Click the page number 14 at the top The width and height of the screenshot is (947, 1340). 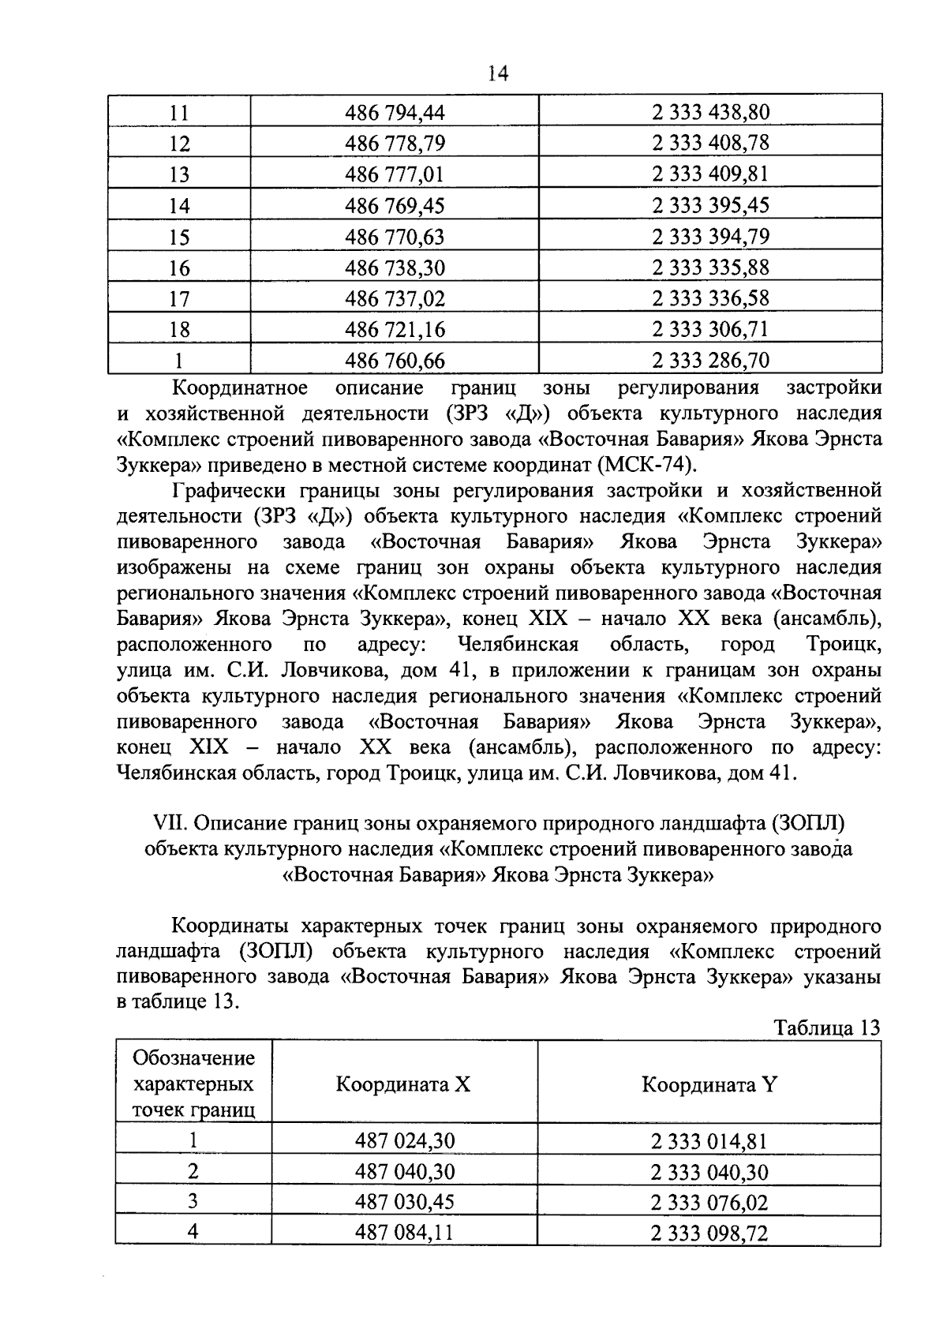[x=498, y=74]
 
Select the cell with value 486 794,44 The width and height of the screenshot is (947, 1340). [x=395, y=113]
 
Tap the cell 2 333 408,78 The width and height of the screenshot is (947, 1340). [x=709, y=143]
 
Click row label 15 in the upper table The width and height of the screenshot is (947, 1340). [x=179, y=237]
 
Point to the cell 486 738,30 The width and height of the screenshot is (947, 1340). [x=395, y=268]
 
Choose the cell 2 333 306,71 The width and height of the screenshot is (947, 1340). [x=709, y=329]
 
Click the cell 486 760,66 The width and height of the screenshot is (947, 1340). [x=395, y=361]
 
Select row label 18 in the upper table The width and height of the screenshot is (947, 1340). [x=179, y=329]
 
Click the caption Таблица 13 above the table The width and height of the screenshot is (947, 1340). [x=826, y=1027]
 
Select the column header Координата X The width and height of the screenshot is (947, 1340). [x=403, y=1084]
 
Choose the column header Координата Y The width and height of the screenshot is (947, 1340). [x=709, y=1084]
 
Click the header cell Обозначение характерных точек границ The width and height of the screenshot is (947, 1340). [x=193, y=1084]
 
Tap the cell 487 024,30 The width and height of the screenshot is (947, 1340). [x=404, y=1141]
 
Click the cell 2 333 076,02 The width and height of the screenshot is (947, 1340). [x=709, y=1203]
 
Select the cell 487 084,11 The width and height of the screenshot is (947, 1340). [x=404, y=1233]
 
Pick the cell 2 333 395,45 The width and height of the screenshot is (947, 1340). [x=709, y=205]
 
